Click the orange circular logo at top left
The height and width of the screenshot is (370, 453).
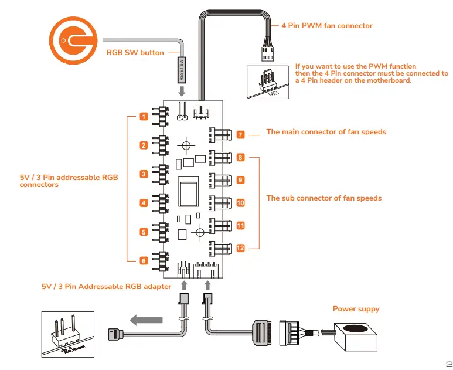[x=71, y=40]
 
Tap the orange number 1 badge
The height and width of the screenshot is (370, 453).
[x=143, y=117]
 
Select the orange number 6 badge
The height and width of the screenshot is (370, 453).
[x=143, y=260]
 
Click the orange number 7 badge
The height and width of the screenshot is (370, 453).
[x=240, y=135]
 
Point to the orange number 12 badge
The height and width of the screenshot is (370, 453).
[x=240, y=248]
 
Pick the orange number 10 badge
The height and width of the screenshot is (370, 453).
[x=240, y=203]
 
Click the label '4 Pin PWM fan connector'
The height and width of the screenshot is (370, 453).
[x=326, y=26]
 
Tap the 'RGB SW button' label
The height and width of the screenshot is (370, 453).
[x=135, y=53]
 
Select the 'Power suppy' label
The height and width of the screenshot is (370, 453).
[x=356, y=309]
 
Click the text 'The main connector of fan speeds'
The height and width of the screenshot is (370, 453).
[x=326, y=132]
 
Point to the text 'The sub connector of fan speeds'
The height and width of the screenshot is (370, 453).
[x=323, y=198]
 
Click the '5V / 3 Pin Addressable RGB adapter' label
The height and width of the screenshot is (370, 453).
[x=106, y=287]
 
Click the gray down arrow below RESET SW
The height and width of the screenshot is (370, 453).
[x=182, y=92]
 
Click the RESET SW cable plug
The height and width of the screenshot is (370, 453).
[x=182, y=69]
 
